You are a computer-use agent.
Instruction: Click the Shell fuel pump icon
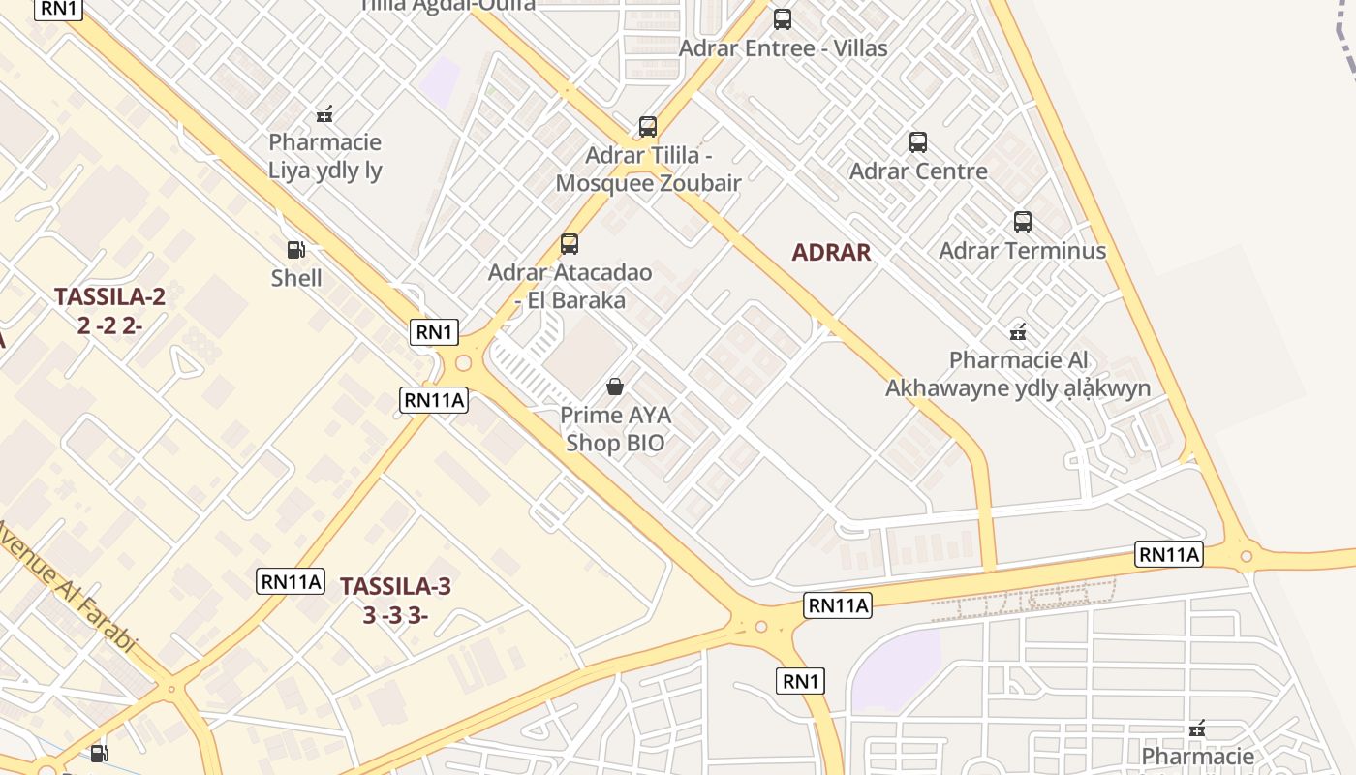296,250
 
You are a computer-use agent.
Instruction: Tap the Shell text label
296,278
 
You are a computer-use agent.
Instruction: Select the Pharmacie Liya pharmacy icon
324,114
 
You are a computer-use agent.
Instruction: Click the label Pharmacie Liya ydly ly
325,156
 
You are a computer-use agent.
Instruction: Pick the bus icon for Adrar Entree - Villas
782,19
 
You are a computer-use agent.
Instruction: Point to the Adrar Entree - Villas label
783,47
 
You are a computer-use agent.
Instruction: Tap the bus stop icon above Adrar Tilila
648,127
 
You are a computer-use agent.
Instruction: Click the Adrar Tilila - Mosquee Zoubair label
649,169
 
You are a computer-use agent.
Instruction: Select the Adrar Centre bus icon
918,142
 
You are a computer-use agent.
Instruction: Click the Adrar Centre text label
918,171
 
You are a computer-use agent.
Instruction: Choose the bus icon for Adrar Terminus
1023,222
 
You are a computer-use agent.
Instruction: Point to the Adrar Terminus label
1022,251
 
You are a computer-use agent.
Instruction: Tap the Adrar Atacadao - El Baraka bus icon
570,244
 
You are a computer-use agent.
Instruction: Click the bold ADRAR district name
831,253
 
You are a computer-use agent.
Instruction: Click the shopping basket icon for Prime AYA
615,387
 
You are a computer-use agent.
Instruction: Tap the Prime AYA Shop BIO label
615,429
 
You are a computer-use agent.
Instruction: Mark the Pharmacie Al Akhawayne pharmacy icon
1018,333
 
